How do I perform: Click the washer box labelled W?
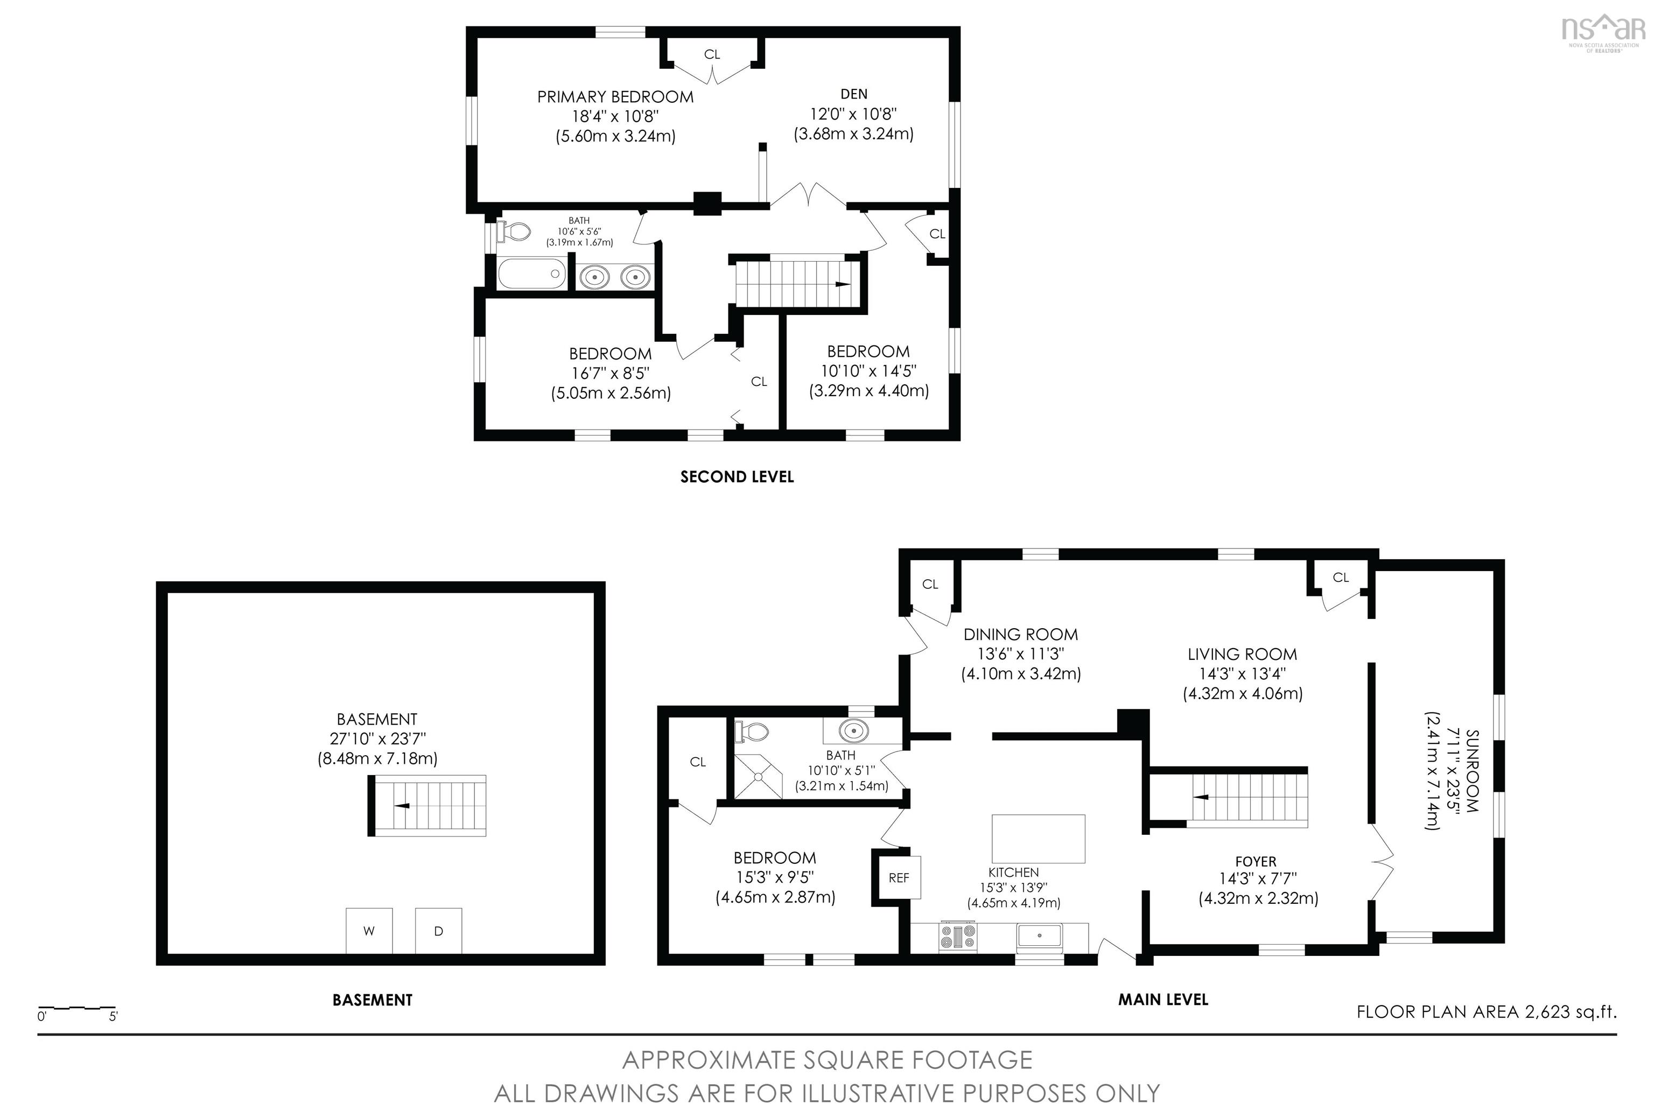[368, 930]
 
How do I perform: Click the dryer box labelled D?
[438, 930]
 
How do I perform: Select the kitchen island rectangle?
[1038, 838]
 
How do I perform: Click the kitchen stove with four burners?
[958, 937]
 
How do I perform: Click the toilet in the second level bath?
[514, 231]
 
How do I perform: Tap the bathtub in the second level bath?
[531, 274]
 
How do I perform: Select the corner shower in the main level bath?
[758, 776]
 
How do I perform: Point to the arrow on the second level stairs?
[842, 284]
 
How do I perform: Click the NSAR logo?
[1603, 32]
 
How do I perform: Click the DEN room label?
[853, 94]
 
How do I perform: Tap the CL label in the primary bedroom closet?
[712, 54]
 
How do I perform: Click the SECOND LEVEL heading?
[737, 477]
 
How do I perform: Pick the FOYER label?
[1256, 861]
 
